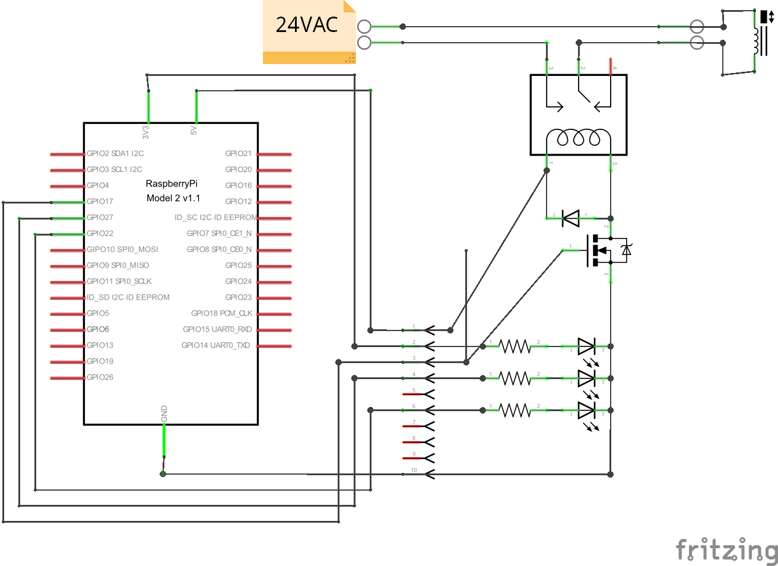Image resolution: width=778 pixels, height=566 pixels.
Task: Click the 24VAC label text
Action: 306,25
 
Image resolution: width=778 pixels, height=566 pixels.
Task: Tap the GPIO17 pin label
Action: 100,202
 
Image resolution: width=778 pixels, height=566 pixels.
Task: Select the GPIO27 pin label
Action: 100,218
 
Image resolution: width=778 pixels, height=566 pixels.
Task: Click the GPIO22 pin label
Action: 100,234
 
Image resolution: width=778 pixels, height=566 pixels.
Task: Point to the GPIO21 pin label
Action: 238,154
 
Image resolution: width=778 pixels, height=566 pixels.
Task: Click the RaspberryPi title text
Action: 172,184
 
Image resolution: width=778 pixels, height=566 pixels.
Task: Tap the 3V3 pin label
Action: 146,132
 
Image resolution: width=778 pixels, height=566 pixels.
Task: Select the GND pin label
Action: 164,414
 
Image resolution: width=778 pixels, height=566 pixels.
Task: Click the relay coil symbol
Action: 579,138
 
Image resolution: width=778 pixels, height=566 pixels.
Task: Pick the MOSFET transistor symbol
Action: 601,250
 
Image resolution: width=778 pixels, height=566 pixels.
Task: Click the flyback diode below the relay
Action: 571,218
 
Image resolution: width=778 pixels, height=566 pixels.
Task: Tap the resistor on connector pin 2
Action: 515,346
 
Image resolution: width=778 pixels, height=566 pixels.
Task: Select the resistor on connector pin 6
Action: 515,410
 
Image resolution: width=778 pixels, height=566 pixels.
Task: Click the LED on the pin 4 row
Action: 586,378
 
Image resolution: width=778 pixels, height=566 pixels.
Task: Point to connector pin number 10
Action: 414,470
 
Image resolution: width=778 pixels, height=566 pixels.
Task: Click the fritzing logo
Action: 726,550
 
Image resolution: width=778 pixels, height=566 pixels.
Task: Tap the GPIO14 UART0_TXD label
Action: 215,345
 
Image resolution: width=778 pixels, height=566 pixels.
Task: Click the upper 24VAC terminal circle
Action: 364,27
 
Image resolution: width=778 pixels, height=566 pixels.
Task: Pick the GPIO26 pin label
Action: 100,377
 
